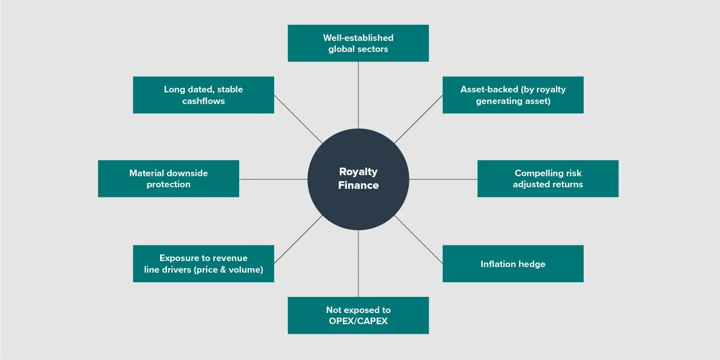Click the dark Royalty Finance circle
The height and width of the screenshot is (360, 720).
point(358,179)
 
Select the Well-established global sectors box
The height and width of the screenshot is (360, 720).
point(358,43)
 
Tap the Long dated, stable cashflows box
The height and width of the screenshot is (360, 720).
point(203,95)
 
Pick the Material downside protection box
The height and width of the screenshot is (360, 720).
point(169,178)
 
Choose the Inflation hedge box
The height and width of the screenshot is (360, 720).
point(513,264)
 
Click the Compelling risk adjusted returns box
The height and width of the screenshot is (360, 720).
point(548,178)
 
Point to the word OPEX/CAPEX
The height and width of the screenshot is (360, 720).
point(358,321)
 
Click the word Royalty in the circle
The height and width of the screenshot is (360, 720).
point(358,172)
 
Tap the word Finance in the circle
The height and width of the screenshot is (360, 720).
point(358,185)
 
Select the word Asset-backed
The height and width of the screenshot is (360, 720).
point(489,89)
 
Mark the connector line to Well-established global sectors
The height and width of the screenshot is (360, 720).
point(358,95)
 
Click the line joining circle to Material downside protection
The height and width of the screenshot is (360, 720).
point(273,179)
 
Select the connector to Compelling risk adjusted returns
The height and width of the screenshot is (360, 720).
point(443,179)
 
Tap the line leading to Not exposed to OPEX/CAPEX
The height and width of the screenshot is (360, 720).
point(358,264)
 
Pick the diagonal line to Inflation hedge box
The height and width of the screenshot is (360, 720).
point(419,239)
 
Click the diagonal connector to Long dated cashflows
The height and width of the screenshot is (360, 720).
point(298,119)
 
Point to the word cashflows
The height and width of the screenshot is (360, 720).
point(203,101)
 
